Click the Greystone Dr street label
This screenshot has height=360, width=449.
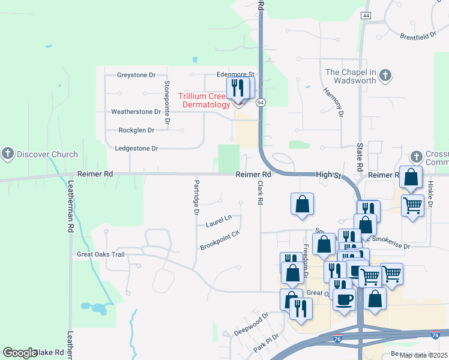136,75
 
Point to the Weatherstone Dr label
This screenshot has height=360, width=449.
136,112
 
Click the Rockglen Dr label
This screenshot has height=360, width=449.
136,130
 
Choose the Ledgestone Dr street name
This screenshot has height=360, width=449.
136,148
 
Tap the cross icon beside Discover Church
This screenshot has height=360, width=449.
8,154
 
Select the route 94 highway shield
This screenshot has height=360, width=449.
261,103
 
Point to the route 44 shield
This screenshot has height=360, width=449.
366,15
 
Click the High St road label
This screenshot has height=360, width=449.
328,175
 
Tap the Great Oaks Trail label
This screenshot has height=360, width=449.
100,254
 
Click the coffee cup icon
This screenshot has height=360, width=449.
345,299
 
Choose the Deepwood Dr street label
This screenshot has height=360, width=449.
251,325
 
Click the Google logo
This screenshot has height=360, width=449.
20,353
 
